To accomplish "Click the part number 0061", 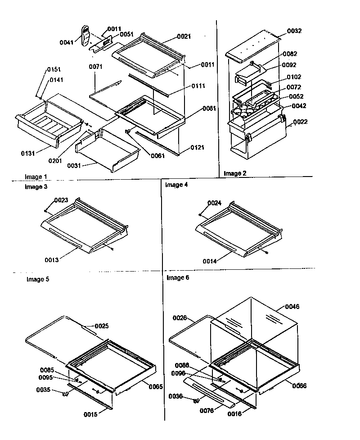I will tap(157, 156).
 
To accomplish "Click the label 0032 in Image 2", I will tap(294, 31).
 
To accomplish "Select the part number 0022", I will tap(300, 122).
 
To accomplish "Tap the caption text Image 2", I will tap(235, 173).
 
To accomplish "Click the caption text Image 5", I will tap(38, 279).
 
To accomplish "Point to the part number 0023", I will tap(61, 200).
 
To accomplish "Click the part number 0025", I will tap(101, 326).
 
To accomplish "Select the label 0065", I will tap(156, 386).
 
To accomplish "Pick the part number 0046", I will tap(292, 307).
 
